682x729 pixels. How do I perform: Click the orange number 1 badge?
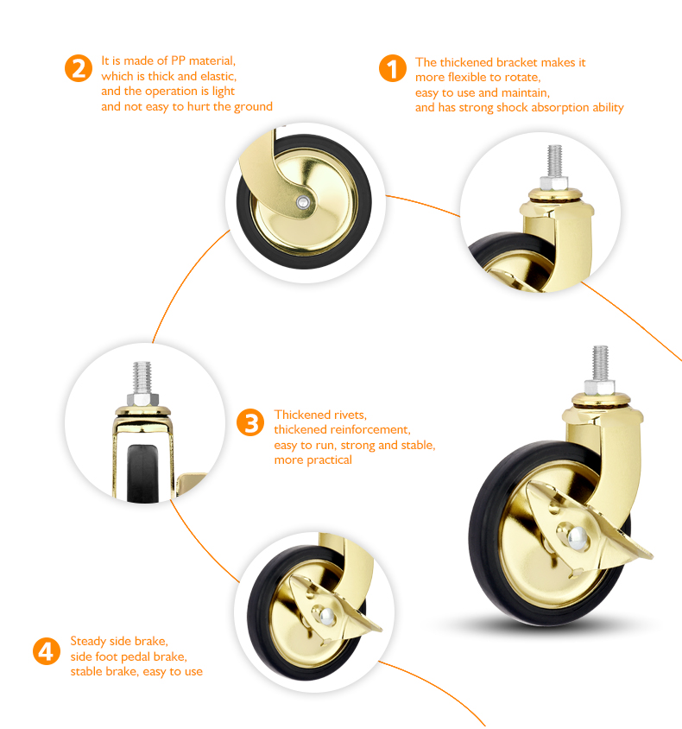coord(393,68)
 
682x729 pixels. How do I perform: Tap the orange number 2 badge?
coord(79,68)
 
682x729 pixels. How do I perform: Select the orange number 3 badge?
coord(250,422)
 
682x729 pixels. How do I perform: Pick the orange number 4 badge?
coord(47,651)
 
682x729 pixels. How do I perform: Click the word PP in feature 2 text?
coord(178,61)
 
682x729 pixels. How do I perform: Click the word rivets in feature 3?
coord(351,415)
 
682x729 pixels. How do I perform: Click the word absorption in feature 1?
coord(559,108)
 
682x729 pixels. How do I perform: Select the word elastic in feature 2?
coord(218,76)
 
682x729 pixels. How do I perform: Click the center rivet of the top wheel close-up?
coord(303,202)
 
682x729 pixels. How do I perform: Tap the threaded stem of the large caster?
coord(600,363)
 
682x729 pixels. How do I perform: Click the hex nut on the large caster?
coord(600,387)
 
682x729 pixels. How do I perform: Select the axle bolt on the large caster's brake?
coord(578,538)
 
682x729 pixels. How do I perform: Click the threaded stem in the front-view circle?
coord(142,377)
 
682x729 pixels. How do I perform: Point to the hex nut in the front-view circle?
coord(142,399)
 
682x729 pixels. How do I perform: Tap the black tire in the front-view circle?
coord(142,473)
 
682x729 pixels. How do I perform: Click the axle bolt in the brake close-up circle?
coord(327,617)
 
